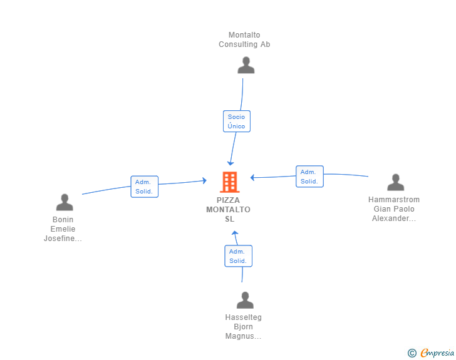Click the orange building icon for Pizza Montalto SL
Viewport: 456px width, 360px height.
[x=230, y=182]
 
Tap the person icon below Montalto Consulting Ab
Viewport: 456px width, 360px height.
[x=246, y=65]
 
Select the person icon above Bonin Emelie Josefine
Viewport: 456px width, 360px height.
[x=65, y=202]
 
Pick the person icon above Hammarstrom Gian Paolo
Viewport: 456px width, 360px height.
[x=396, y=182]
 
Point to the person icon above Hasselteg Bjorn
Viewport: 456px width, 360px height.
[x=245, y=300]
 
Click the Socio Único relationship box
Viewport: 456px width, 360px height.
[x=236, y=121]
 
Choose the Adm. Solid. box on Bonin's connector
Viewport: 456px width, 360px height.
[x=144, y=187]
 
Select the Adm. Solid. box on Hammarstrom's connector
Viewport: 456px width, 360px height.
[x=309, y=177]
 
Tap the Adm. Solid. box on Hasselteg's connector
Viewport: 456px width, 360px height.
[x=238, y=256]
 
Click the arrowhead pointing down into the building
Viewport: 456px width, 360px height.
[x=231, y=163]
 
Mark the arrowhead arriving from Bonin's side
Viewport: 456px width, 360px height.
[x=205, y=180]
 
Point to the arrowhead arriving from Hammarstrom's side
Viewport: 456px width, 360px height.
[x=252, y=177]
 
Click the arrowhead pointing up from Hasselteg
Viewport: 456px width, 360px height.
[x=235, y=233]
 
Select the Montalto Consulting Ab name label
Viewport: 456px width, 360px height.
[x=244, y=39]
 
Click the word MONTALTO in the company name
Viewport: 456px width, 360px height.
[x=228, y=210]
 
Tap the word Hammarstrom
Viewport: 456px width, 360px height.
[x=394, y=200]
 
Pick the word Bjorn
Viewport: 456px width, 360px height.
[x=244, y=327]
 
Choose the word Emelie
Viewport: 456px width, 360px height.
[x=63, y=229]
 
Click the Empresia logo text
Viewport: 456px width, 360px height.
[x=437, y=353]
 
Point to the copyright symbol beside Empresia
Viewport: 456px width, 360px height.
[x=412, y=353]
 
